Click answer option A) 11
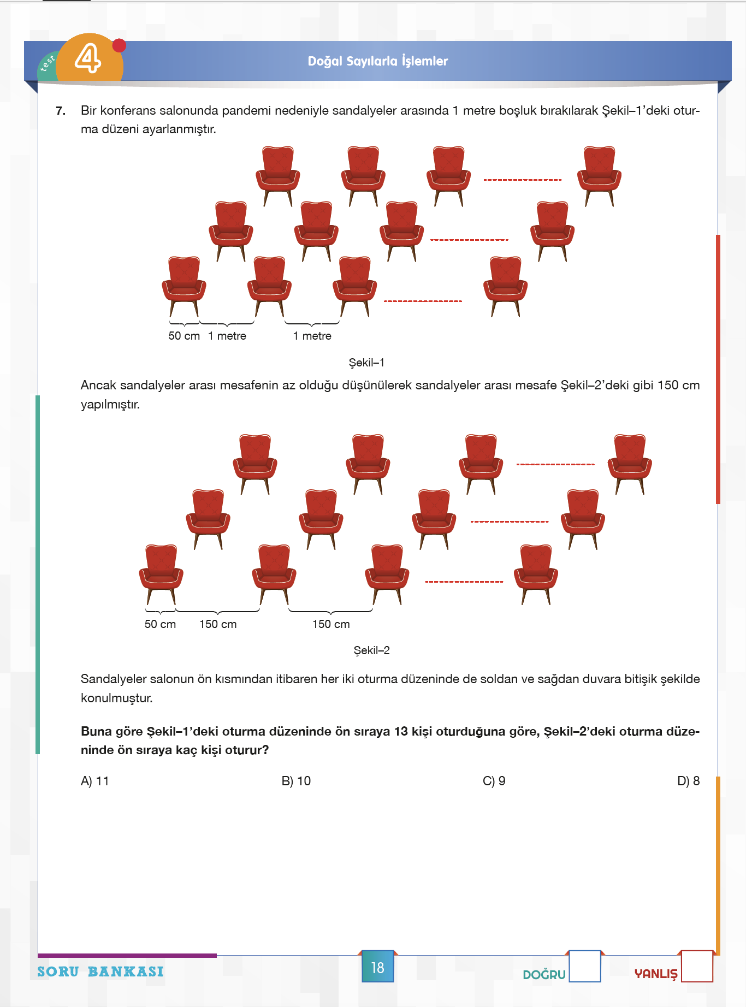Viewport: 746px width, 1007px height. (x=95, y=781)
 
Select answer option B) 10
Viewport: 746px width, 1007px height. (x=296, y=781)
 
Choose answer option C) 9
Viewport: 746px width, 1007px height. (x=494, y=781)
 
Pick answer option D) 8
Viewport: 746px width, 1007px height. (x=688, y=781)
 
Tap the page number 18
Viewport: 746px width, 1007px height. (x=377, y=968)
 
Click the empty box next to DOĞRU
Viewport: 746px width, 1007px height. (x=585, y=967)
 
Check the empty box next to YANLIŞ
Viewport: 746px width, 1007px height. (x=697, y=967)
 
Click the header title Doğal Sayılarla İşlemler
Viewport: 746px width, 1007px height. (x=377, y=61)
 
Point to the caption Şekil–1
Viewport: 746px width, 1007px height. (x=366, y=363)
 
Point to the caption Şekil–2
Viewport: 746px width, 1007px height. (x=371, y=650)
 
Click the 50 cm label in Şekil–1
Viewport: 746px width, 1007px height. (x=184, y=336)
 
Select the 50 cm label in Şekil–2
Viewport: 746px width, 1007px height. (x=160, y=624)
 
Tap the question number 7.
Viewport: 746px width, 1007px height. (x=61, y=111)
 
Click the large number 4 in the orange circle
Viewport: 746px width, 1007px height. (x=88, y=58)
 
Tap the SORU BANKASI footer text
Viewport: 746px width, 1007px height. (x=100, y=972)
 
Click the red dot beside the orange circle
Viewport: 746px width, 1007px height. (x=119, y=45)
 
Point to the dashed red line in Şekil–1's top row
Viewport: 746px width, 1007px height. (x=523, y=180)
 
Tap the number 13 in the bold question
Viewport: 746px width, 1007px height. (x=401, y=731)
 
